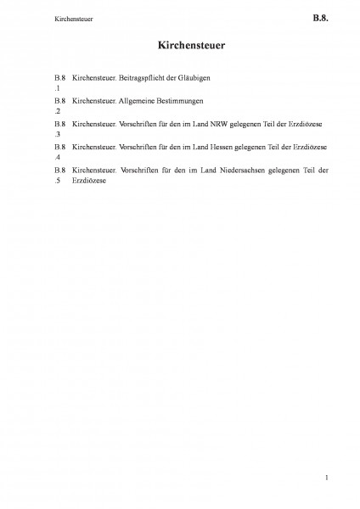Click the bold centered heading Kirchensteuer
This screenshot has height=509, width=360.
coord(180,42)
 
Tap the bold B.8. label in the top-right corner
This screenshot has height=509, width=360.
coord(320,15)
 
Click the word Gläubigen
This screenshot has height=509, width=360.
coord(205,78)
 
